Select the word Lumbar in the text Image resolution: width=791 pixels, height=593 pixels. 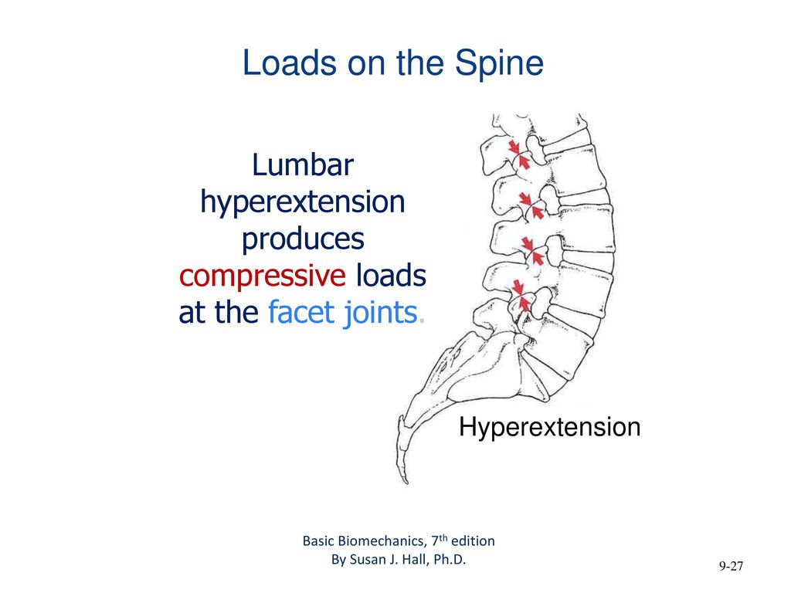point(303,166)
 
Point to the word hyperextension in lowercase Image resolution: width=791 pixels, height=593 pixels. point(303,202)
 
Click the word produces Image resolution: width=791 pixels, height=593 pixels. point(303,239)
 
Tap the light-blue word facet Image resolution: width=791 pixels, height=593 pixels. point(302,313)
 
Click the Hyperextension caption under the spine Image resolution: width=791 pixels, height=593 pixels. point(549,427)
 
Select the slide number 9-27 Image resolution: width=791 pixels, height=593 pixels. point(730,567)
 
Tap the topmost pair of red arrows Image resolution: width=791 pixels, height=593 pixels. point(518,154)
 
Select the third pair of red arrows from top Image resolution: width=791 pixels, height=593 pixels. point(528,249)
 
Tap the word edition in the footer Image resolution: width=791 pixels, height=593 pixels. point(474,540)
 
